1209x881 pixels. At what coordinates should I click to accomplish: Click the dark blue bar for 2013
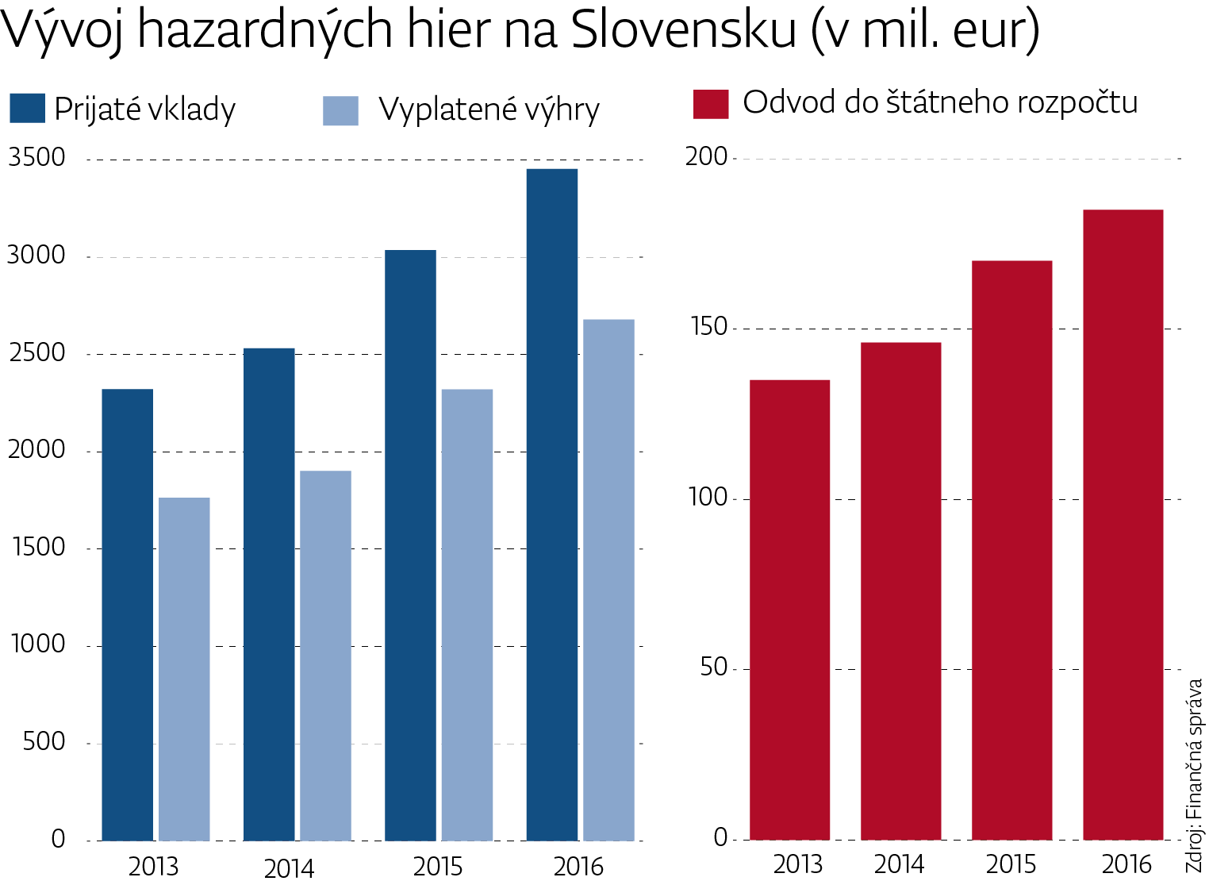coord(128,614)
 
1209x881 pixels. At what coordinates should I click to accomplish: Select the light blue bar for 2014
coord(325,656)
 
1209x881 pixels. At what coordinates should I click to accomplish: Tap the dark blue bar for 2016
coord(552,505)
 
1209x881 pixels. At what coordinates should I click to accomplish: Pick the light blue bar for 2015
coord(467,614)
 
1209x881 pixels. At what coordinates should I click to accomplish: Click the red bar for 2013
coord(789,610)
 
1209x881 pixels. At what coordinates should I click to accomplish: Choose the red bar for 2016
coord(1123,525)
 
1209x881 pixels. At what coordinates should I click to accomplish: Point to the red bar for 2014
coord(900,591)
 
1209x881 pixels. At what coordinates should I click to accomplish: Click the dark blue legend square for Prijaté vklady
coord(27,109)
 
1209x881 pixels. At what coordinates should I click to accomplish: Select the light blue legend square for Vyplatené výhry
coord(340,110)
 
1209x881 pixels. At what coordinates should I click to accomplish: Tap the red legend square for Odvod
coord(710,104)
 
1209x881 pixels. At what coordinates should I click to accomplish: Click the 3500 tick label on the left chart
coord(36,157)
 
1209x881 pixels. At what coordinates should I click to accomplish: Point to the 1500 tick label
coord(38,547)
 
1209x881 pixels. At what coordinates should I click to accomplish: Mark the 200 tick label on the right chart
coord(706,156)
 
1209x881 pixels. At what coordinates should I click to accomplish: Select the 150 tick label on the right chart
coord(708,326)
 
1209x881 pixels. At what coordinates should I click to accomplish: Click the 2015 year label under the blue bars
coord(438,866)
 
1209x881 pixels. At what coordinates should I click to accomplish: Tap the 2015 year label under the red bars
coord(1011,864)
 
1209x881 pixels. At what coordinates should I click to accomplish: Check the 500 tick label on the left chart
coord(44,741)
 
